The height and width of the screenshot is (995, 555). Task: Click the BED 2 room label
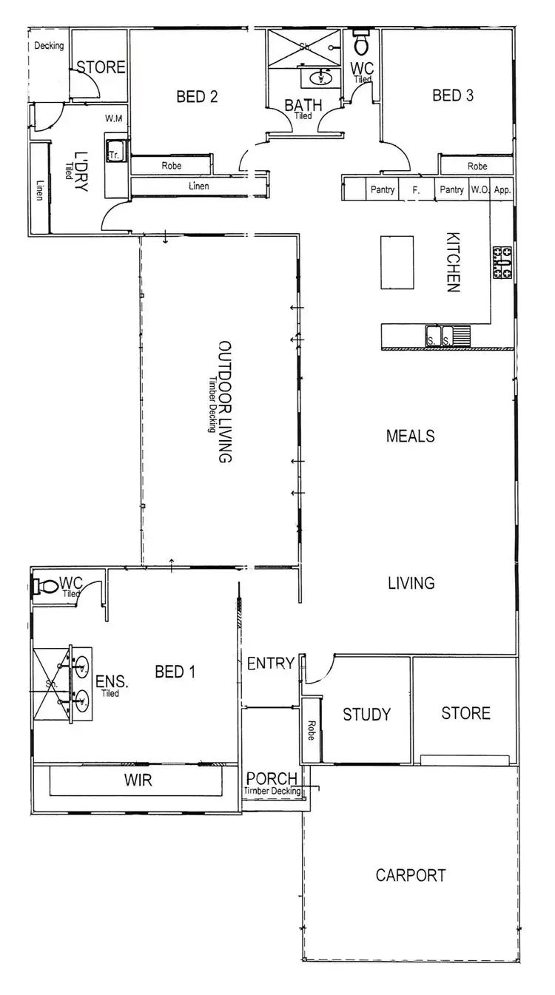click(196, 96)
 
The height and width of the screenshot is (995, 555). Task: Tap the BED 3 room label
click(453, 95)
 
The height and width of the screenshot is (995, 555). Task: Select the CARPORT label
click(411, 876)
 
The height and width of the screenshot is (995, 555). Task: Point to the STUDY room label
click(366, 715)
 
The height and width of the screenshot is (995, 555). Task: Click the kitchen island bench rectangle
click(397, 263)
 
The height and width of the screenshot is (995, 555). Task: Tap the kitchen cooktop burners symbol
click(503, 263)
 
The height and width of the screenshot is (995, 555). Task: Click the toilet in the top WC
click(362, 44)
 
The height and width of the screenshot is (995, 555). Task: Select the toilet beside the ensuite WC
click(46, 587)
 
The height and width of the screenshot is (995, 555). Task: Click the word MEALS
click(410, 436)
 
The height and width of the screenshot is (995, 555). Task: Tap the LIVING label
click(411, 584)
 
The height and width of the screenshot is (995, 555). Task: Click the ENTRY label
click(271, 664)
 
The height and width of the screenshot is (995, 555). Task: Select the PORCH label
click(272, 778)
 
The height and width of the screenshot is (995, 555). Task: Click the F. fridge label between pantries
click(416, 190)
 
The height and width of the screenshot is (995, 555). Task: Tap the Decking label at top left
click(49, 46)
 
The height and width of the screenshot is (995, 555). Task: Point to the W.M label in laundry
click(113, 118)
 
